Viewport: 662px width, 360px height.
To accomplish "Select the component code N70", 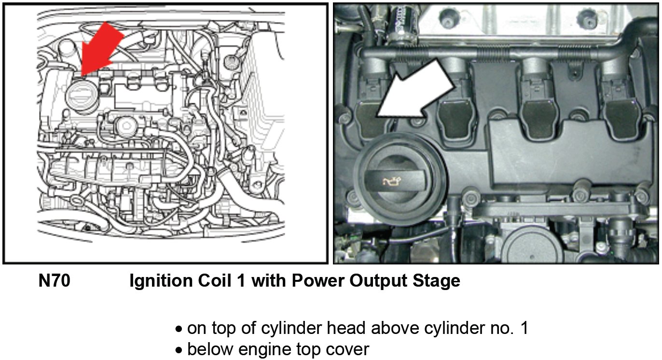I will [x=54, y=281].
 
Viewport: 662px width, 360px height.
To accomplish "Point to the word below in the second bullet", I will [x=210, y=349].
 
